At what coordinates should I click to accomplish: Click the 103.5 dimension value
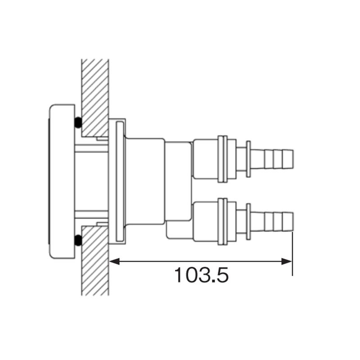click(201, 275)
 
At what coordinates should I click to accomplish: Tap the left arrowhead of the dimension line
click(114, 261)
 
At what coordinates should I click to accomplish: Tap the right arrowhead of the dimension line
click(287, 261)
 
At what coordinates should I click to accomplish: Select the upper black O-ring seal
click(78, 122)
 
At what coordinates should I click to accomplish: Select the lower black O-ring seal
click(78, 240)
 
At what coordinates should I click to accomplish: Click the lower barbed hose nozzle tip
click(272, 222)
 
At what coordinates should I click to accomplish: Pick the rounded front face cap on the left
click(62, 181)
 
